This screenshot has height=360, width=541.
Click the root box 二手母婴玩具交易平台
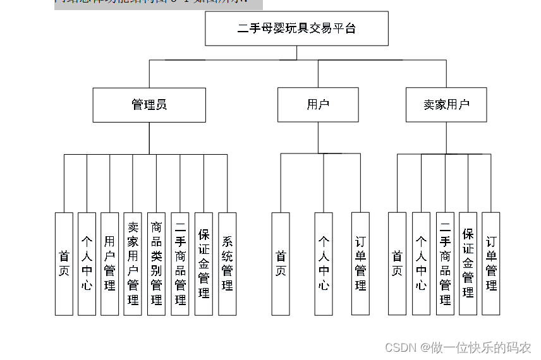296,29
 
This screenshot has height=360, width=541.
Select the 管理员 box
149,105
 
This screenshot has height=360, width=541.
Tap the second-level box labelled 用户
318,105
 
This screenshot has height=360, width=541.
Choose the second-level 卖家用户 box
446,105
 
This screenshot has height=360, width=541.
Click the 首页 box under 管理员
64,263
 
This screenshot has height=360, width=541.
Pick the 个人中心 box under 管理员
87,263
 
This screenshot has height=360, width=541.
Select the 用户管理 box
110,263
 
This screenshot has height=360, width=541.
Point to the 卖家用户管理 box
133,263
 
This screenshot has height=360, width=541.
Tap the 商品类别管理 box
156,263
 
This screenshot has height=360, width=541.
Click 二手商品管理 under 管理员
180,263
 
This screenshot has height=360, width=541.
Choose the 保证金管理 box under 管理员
204,263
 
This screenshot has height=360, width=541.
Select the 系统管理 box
227,263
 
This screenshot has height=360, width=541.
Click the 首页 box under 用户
281,263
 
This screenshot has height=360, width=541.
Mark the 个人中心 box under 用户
324,263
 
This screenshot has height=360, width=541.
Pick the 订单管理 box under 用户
360,263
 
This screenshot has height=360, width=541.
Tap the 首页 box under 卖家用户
397,263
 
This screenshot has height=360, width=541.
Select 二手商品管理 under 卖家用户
445,263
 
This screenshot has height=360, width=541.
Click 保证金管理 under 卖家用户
468,263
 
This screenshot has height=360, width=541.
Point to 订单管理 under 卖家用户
491,263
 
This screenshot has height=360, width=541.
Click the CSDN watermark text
458,347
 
